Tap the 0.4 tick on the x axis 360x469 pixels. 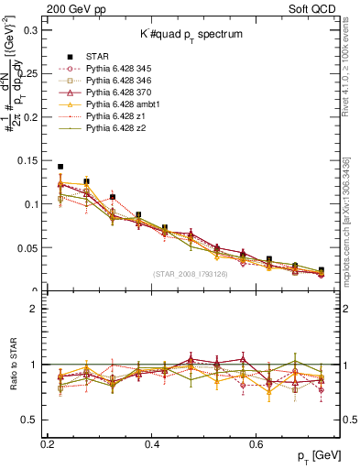click(x=152, y=443)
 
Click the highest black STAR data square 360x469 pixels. click(x=60, y=167)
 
